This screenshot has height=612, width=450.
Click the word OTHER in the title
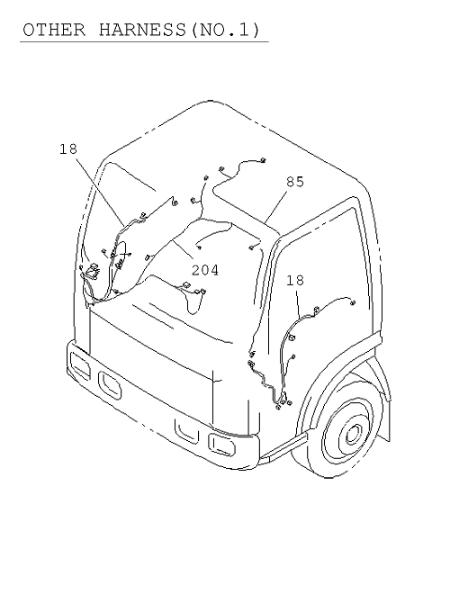(x=54, y=30)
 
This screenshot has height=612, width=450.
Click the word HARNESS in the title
(x=142, y=30)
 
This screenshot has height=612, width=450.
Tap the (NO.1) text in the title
(x=225, y=30)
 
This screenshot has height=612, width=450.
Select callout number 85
(x=295, y=182)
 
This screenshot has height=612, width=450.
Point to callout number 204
(x=205, y=270)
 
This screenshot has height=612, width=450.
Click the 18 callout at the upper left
(x=68, y=148)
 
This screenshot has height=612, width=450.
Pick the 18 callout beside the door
(x=295, y=280)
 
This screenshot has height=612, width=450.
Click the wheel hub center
(x=353, y=434)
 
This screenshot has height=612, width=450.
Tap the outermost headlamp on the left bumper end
(x=79, y=364)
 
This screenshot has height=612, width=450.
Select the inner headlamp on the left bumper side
(x=110, y=385)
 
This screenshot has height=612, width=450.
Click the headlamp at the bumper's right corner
(x=221, y=445)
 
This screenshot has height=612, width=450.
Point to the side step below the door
(x=283, y=445)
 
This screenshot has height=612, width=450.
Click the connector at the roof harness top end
(x=263, y=160)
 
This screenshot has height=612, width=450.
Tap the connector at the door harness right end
(x=353, y=302)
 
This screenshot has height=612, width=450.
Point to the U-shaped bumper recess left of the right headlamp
(x=186, y=431)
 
